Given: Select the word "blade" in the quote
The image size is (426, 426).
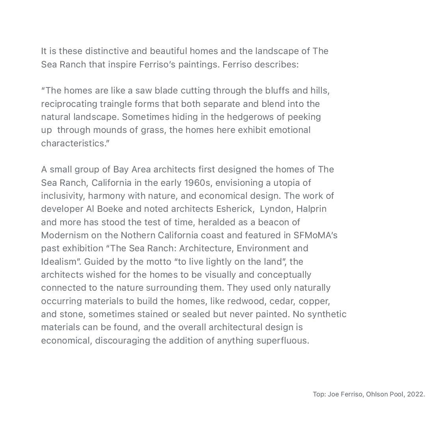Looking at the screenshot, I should coord(166,91).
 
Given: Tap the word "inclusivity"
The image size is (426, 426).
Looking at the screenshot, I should coord(63,196).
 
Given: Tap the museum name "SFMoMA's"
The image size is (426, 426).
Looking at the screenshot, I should coord(315,235).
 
